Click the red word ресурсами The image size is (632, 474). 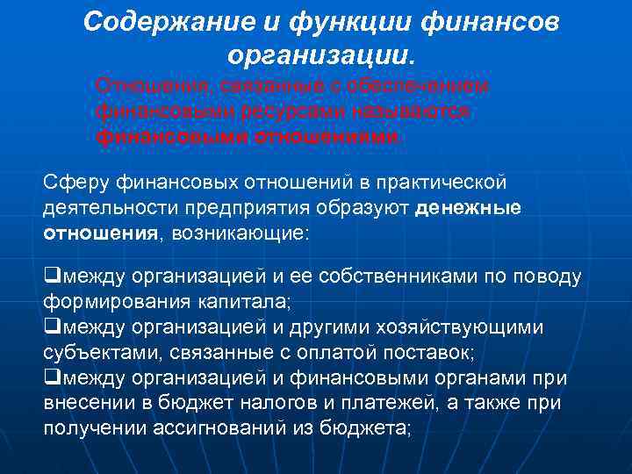[x=280, y=112]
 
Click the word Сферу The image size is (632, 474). [x=69, y=181]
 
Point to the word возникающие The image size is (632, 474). [x=241, y=234]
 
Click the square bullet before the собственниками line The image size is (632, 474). [x=49, y=276]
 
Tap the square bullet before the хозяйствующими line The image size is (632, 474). [x=49, y=327]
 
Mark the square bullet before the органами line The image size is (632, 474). [x=49, y=378]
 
